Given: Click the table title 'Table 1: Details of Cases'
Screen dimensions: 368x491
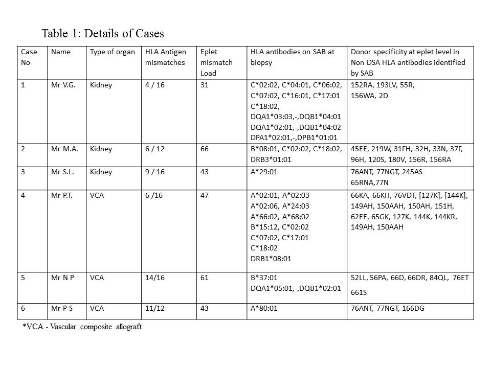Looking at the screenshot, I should coord(103,34).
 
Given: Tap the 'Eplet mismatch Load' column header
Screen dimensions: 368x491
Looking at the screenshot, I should coord(216,62).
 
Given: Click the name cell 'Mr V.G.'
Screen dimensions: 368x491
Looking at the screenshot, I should coord(63,85).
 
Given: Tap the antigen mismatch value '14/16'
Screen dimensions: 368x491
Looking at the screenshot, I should coord(156,277).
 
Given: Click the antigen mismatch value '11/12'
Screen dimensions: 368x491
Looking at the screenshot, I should coord(156,308).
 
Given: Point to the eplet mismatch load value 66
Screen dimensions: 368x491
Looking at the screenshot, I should coord(205,149).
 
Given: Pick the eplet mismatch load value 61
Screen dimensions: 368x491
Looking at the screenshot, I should coord(205,277).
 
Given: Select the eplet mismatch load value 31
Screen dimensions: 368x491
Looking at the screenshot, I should coord(205,85).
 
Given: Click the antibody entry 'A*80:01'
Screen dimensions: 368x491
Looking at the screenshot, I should coord(264,308).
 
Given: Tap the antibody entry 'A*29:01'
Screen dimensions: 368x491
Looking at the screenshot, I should coord(264,172).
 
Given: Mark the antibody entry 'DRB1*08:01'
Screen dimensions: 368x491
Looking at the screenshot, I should coord(271,259).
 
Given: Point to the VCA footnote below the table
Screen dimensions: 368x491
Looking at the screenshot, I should coord(82,327).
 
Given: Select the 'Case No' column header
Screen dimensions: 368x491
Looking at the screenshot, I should coord(29,57).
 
